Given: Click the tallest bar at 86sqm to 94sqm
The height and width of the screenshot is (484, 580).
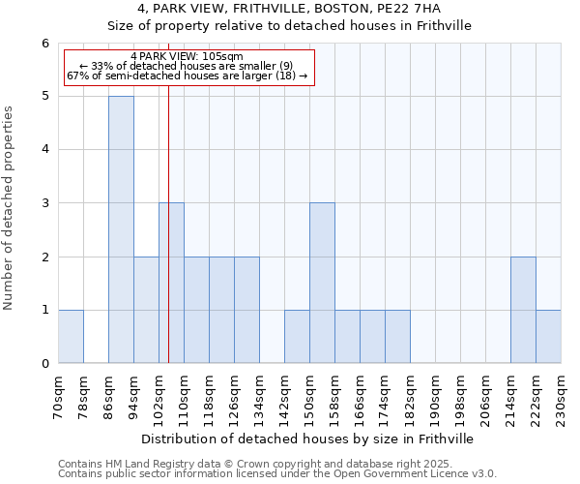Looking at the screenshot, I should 121,229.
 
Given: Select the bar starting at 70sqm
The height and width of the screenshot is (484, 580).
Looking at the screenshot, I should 71,336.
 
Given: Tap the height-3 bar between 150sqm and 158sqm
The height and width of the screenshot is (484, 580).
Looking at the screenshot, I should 322,283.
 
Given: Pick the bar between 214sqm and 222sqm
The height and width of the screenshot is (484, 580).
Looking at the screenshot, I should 523,310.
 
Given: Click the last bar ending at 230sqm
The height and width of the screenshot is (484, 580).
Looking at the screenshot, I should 548,336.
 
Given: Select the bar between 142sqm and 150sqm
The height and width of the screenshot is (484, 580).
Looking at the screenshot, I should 297,336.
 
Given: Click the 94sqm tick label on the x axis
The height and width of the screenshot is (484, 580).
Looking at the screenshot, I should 134,395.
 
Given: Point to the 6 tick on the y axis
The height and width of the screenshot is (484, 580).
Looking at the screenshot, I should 44,44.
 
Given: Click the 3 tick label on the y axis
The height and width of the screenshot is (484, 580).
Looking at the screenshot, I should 44,203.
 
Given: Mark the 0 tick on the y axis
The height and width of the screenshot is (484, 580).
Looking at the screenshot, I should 44,364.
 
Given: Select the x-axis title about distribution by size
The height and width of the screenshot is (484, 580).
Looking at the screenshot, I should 308,439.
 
